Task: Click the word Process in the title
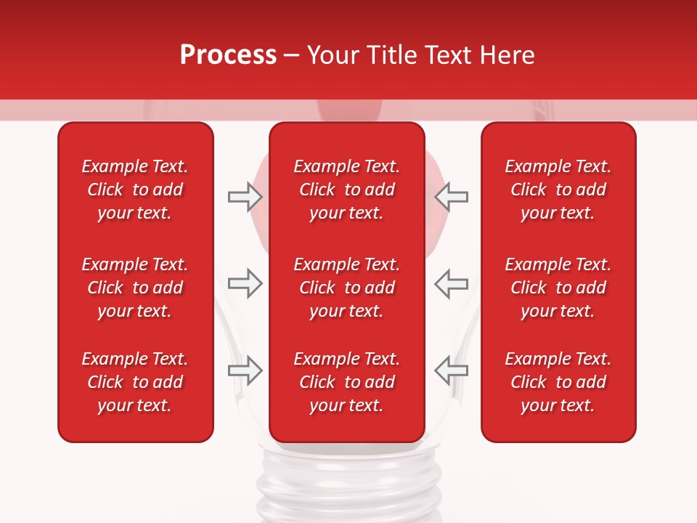click(x=228, y=55)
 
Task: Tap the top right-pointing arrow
click(x=245, y=196)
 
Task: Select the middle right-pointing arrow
click(x=245, y=283)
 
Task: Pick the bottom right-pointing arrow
click(x=245, y=370)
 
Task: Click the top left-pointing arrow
click(x=451, y=196)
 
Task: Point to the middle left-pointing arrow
click(x=451, y=283)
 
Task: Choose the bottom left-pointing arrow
click(x=451, y=370)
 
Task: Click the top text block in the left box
click(x=135, y=190)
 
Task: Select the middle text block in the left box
click(x=135, y=288)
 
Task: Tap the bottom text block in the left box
click(x=135, y=382)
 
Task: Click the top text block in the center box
click(x=347, y=190)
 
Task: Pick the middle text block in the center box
click(x=347, y=288)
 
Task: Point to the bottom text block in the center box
click(x=347, y=382)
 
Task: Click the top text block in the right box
click(x=558, y=190)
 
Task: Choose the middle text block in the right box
click(x=558, y=288)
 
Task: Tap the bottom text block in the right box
click(x=558, y=382)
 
